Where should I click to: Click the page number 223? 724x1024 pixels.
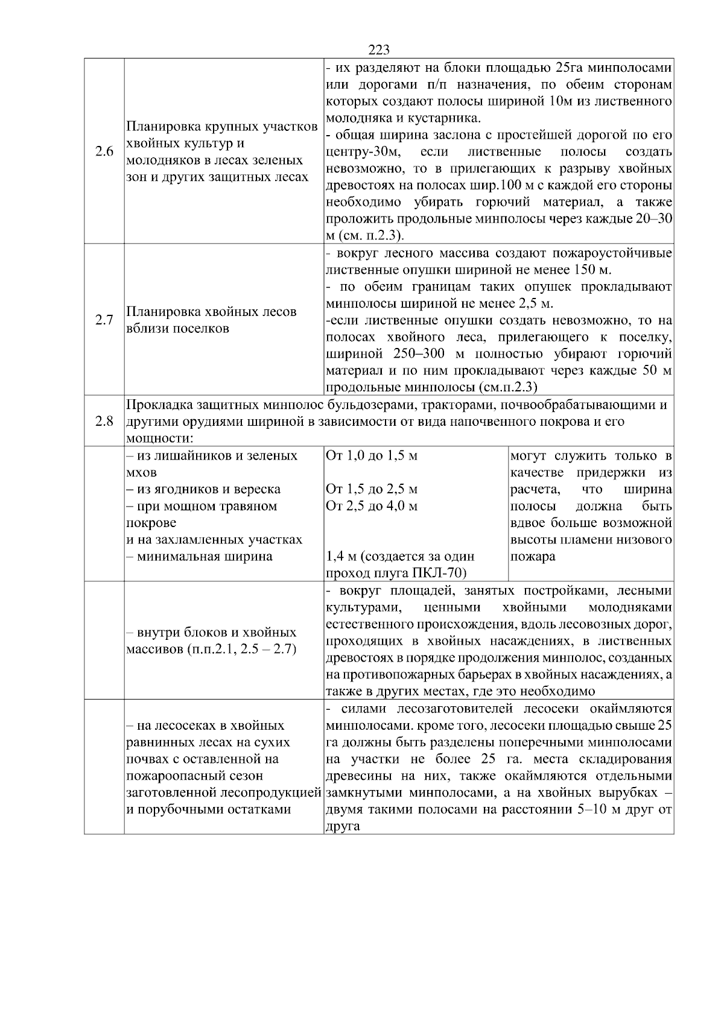pyautogui.click(x=378, y=50)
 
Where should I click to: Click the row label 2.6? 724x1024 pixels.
pyautogui.click(x=104, y=151)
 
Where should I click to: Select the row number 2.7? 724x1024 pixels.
pyautogui.click(x=104, y=320)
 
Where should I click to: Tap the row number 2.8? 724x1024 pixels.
pyautogui.click(x=104, y=421)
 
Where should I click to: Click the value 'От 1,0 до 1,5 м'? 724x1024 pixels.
pyautogui.click(x=371, y=455)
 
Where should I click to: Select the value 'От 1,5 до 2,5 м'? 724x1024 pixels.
pyautogui.click(x=371, y=489)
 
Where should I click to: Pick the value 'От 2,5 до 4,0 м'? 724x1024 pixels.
pyautogui.click(x=371, y=506)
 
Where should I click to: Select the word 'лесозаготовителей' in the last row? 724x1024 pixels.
pyautogui.click(x=464, y=709)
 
